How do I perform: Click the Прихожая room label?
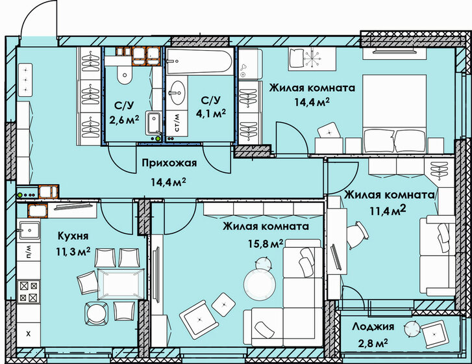point(169,163)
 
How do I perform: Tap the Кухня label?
point(73,236)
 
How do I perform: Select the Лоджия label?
point(373,326)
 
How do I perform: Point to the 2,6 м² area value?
point(124,120)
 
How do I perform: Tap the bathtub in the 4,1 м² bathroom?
point(199,62)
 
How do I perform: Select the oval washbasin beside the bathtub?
point(177,92)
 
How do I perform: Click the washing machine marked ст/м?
point(177,123)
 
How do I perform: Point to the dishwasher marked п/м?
point(29,252)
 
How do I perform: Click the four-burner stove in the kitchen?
point(29,292)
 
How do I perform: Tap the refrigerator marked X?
point(29,334)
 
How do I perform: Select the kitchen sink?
point(29,231)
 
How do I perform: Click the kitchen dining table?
point(121,284)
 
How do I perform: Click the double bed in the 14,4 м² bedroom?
point(394,114)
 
